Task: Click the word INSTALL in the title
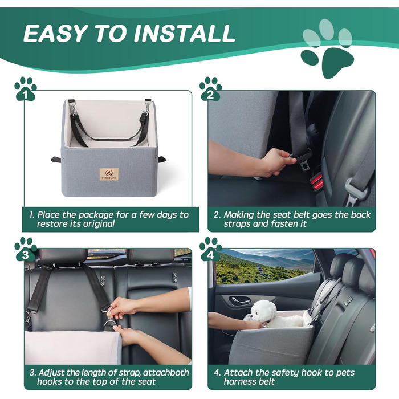click(x=183, y=33)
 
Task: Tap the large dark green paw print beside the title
click(x=328, y=62)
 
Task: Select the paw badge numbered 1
click(x=25, y=89)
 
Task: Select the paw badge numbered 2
click(x=210, y=89)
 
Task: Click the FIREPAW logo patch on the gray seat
click(x=109, y=174)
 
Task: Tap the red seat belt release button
click(x=317, y=180)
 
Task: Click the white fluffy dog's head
click(x=263, y=310)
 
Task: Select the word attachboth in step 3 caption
click(x=166, y=373)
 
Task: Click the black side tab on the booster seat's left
click(x=56, y=159)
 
